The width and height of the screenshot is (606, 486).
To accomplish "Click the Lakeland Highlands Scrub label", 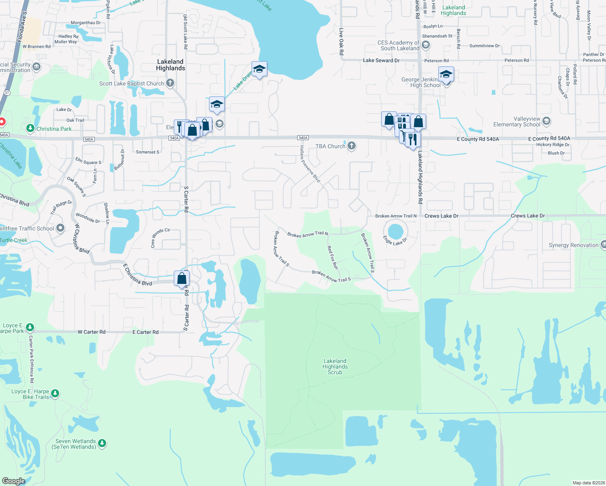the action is point(335,367).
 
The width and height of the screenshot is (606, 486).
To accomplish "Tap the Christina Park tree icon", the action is point(30,128).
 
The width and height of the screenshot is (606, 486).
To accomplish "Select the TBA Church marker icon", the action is point(352,146).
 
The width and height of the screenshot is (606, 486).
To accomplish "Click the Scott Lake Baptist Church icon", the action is point(170,83).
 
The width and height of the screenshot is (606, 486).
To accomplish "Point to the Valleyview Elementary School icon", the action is point(546,121).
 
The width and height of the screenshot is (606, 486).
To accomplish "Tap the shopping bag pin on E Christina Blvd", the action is point(182,278).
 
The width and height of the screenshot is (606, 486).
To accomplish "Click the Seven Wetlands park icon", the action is point(102,443).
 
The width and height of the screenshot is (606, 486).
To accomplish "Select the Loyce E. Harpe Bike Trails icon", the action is point(55,393).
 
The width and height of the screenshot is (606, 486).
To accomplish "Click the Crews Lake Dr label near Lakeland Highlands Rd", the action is point(441,216).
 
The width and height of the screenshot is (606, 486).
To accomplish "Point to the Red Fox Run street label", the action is point(332,257).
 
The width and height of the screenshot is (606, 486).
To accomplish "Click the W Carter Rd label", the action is point(92,332).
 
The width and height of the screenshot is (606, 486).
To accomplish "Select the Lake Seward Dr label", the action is point(381,60).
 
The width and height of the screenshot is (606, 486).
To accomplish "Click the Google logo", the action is point(14,481).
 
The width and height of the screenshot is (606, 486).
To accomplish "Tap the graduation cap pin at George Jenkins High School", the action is point(446,75).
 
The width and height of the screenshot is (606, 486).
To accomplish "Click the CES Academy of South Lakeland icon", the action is point(425,45).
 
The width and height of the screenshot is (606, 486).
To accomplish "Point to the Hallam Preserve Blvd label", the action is point(310,164).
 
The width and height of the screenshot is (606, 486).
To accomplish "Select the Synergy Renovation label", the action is point(573,245).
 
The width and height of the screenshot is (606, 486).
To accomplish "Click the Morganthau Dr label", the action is point(85,23).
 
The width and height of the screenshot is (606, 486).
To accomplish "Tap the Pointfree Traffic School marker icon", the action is point(60,228).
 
